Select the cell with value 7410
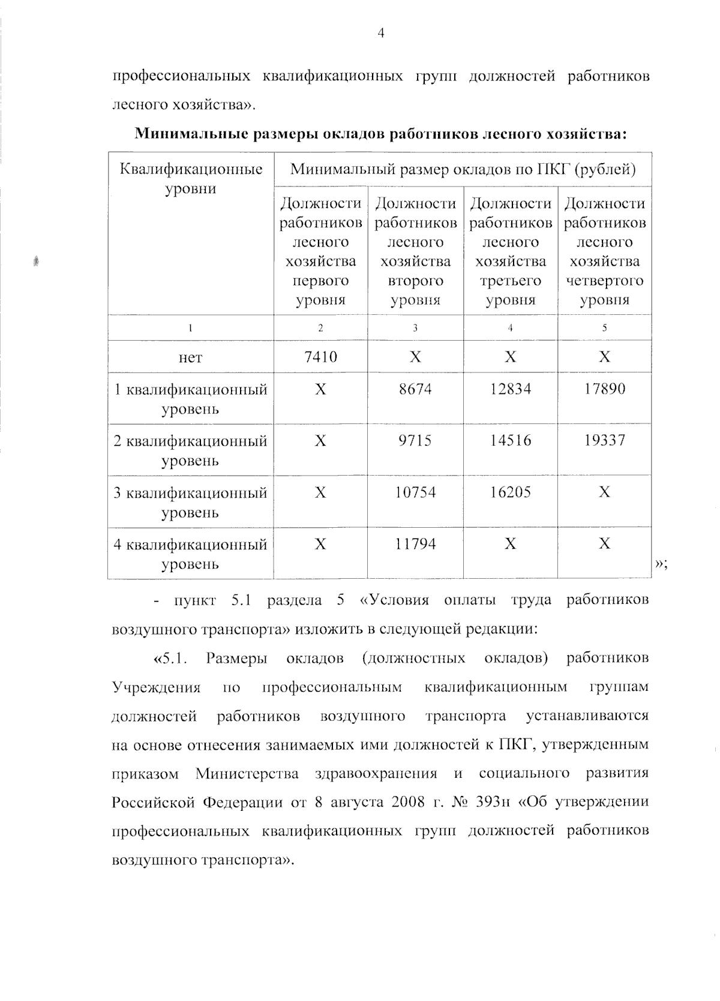[320, 357]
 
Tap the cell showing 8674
[415, 389]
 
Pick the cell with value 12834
[510, 389]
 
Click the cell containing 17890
[604, 389]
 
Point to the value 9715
[415, 441]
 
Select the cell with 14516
[510, 441]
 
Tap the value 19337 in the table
[604, 441]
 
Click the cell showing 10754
[415, 493]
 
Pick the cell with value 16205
[510, 493]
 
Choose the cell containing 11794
[415, 545]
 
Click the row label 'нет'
[190, 358]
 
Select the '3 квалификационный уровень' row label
[190, 502]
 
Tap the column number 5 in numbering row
[604, 328]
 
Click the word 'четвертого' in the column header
[604, 281]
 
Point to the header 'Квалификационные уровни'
[190, 179]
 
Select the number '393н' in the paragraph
[487, 802]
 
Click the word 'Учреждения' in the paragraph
[157, 687]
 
